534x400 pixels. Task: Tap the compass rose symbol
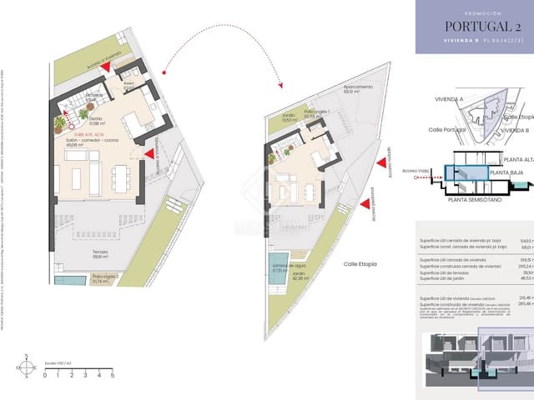click(27, 366)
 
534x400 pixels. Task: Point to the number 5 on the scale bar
click(113, 376)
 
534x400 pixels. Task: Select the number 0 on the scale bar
click(46, 376)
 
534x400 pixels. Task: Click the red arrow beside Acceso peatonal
click(364, 202)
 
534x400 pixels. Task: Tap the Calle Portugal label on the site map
click(446, 129)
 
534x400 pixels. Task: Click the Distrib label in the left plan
click(96, 120)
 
